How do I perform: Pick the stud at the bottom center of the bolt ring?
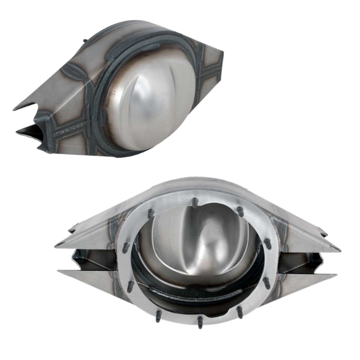[200, 321]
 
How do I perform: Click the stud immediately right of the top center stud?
[240, 210]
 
